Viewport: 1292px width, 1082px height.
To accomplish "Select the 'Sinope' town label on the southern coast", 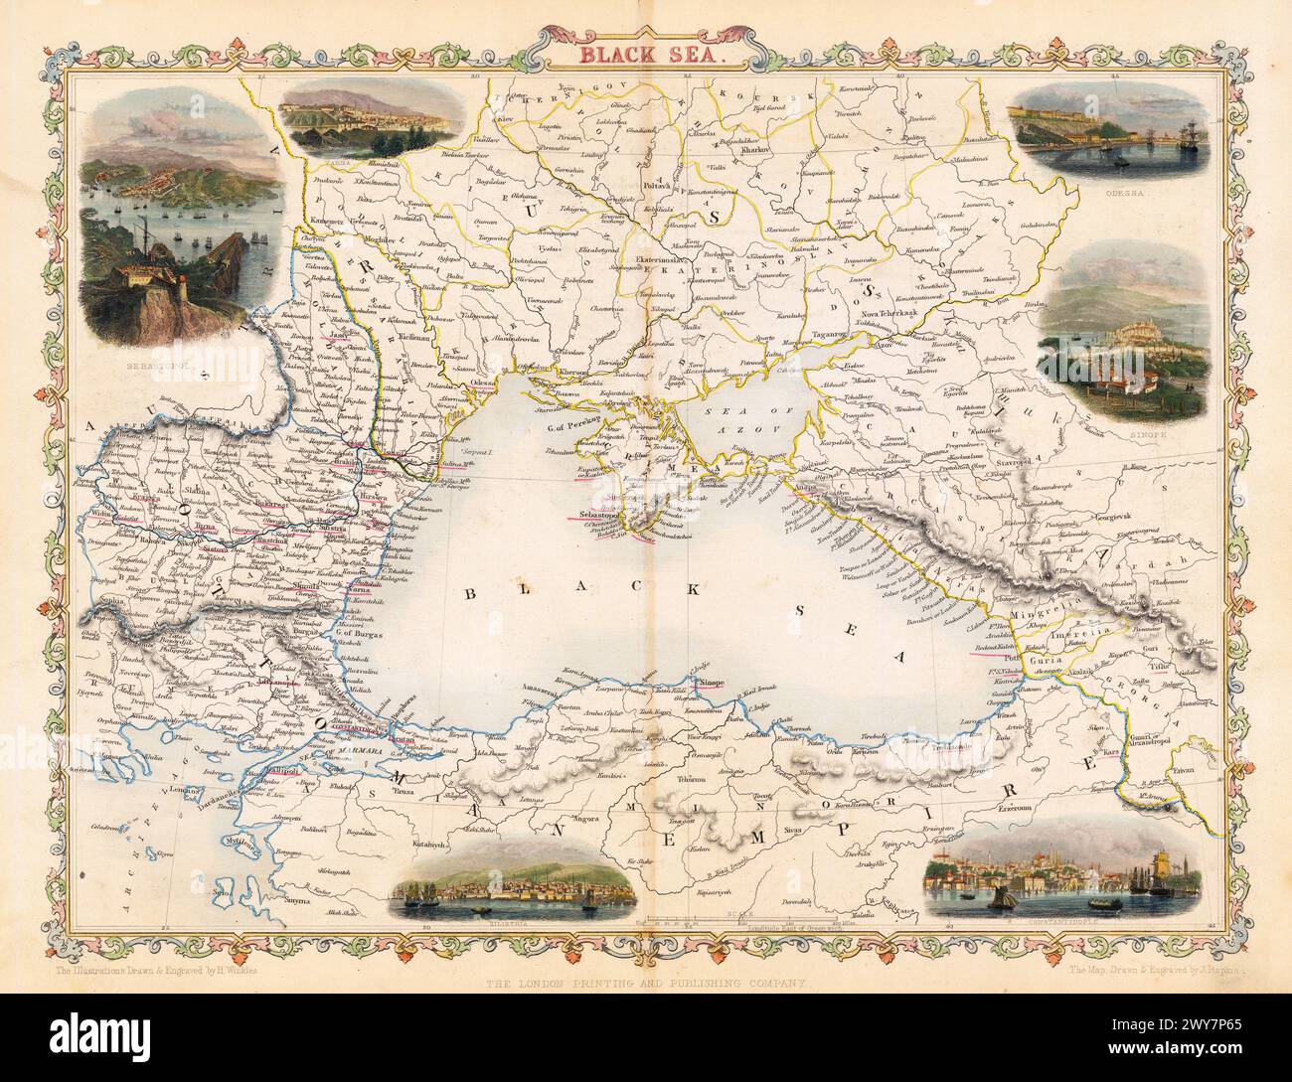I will tap(713, 684).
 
